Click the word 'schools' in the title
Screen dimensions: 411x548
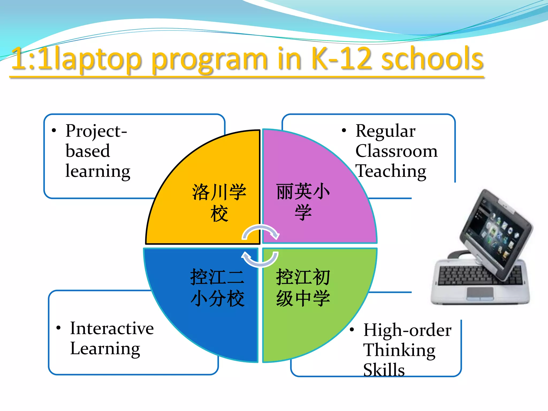pyautogui.click(x=432, y=58)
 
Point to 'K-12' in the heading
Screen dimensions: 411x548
pyautogui.click(x=341, y=58)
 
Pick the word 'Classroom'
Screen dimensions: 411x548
pyautogui.click(x=396, y=151)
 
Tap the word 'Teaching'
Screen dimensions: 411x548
pyautogui.click(x=391, y=171)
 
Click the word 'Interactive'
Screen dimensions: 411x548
pyautogui.click(x=112, y=328)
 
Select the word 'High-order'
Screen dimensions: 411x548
pyautogui.click(x=407, y=330)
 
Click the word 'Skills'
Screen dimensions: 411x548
pyautogui.click(x=384, y=370)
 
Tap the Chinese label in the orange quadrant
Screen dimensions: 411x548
pyautogui.click(x=219, y=203)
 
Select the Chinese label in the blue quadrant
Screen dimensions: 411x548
pyautogui.click(x=217, y=288)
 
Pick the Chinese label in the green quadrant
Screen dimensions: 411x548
pyautogui.click(x=303, y=288)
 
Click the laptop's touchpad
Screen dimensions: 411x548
pyautogui.click(x=480, y=293)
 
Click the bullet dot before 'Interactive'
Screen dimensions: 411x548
pyautogui.click(x=59, y=328)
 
